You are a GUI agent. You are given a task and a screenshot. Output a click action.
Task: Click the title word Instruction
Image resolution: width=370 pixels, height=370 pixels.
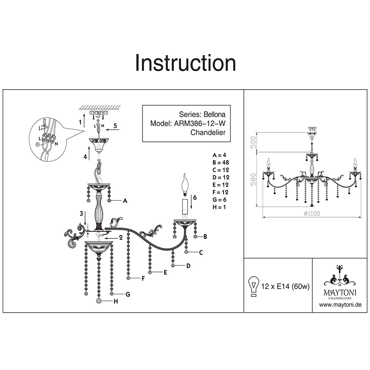(x=185, y=63)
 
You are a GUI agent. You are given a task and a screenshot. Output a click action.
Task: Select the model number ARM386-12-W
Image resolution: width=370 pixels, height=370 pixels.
(x=200, y=124)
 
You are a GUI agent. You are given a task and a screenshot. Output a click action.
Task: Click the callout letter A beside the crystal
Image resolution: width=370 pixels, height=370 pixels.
(x=125, y=201)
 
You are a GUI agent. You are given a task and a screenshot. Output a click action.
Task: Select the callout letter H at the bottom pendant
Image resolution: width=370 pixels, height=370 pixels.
(x=115, y=302)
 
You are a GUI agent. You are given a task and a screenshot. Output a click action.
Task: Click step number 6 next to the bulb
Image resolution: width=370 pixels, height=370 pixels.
(x=195, y=198)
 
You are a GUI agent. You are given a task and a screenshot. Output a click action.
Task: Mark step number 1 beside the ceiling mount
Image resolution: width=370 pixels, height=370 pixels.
(x=80, y=121)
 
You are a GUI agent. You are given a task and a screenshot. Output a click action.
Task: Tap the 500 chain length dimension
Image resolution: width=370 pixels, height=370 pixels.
(x=253, y=142)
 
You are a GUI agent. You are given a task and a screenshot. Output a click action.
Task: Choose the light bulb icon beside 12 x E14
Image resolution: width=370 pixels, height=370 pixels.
(x=253, y=286)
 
